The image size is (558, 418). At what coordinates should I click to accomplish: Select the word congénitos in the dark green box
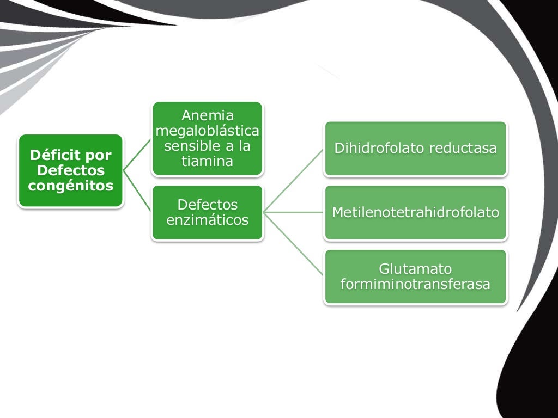pos(71,186)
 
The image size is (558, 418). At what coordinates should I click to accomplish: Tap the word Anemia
pos(208,115)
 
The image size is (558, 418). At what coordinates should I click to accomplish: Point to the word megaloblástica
pos(208,131)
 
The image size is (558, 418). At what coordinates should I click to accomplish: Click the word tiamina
pos(208,162)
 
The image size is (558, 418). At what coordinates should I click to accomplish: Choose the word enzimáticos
pos(208,220)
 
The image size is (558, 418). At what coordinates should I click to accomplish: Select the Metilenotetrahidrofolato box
pos(416,212)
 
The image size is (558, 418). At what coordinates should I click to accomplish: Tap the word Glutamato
pos(416,269)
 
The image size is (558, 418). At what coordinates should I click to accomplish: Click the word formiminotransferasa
pos(416,284)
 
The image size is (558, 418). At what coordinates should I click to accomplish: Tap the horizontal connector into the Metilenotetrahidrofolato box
pos(294,212)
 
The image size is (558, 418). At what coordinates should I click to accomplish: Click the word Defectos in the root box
pos(71,170)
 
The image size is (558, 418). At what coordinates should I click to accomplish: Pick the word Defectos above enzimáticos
pos(208,205)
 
